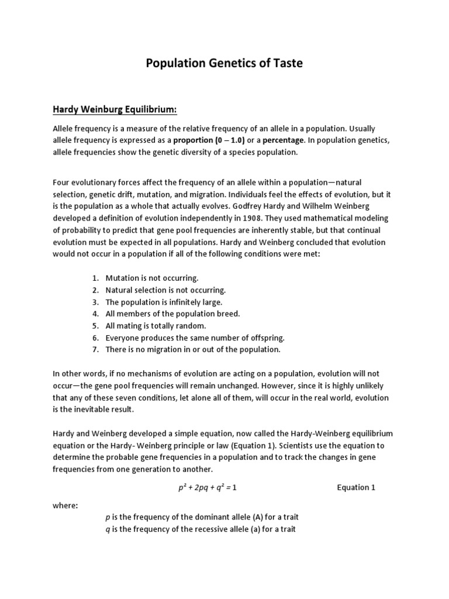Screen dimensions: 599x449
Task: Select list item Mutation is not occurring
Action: tap(152, 278)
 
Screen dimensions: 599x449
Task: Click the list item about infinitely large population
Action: tap(164, 302)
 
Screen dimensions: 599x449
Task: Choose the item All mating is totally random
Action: tap(156, 326)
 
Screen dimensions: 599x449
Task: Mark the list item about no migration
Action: tap(193, 349)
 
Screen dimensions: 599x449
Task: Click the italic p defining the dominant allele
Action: tap(107, 518)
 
